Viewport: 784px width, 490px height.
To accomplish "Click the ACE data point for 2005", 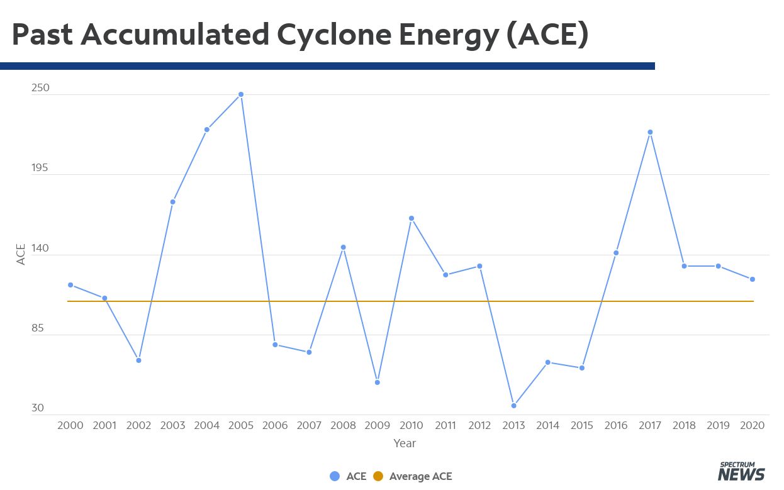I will point(241,94).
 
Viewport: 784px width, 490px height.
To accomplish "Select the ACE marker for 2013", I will point(513,406).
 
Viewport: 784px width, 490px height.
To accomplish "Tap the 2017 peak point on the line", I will point(650,132).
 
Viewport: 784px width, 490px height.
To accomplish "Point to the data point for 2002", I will point(138,360).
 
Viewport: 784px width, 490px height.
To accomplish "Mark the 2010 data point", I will point(412,218).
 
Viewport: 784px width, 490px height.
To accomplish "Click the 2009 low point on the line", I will point(378,382).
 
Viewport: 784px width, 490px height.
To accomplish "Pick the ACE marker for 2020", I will point(753,279).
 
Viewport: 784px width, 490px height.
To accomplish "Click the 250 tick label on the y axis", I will point(40,87).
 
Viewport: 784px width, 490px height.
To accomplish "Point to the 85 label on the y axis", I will point(38,328).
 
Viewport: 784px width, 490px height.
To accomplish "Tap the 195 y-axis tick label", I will point(40,167).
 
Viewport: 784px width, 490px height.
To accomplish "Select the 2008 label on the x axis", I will point(343,425).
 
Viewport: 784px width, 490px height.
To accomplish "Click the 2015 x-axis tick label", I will point(581,425).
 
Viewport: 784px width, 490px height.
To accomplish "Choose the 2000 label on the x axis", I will point(70,425).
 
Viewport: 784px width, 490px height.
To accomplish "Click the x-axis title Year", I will point(405,443).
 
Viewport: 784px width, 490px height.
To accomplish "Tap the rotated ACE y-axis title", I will point(21,254).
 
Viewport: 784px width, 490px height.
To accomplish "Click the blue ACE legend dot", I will point(335,476).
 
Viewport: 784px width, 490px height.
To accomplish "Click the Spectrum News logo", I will point(741,472).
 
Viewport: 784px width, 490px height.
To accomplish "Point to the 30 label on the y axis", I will point(38,408).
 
